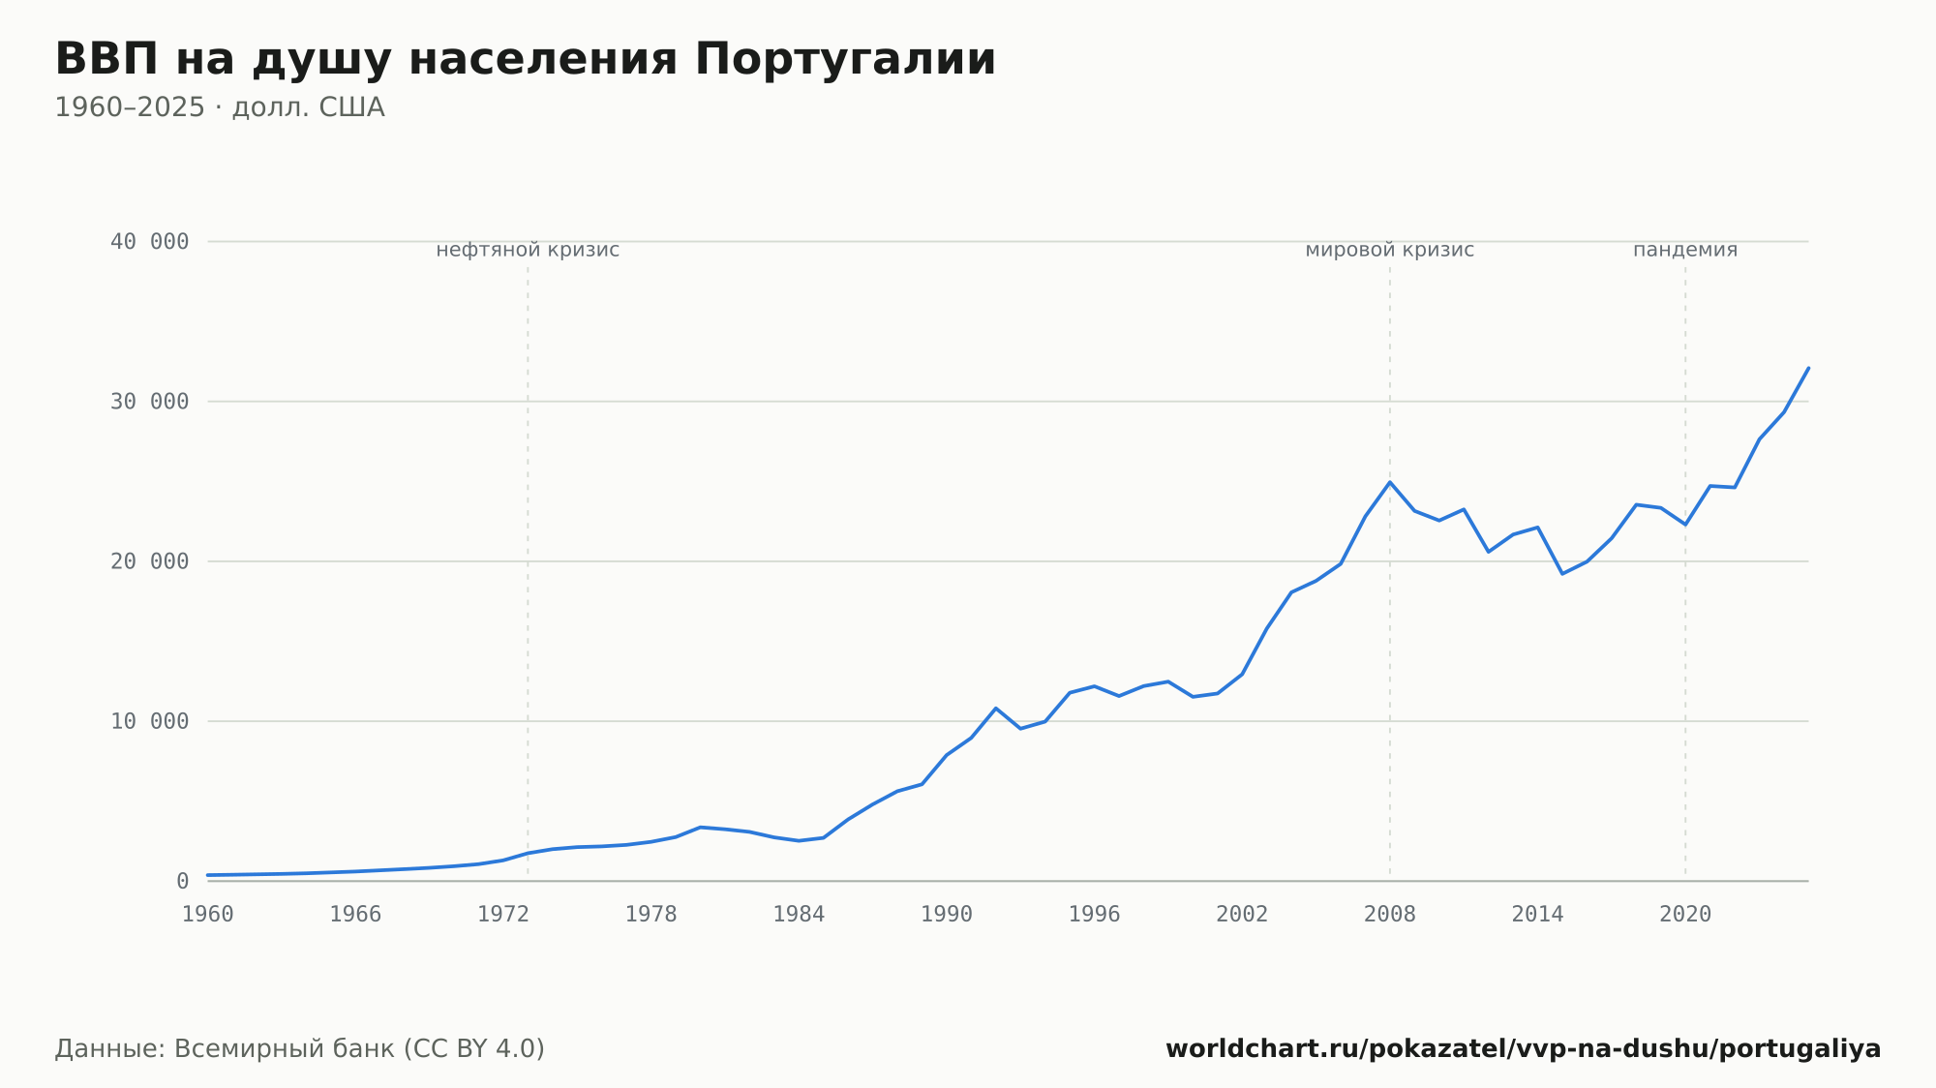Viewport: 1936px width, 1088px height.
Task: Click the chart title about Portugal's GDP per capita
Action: pyautogui.click(x=526, y=60)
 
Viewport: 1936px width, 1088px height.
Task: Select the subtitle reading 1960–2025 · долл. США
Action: pyautogui.click(x=220, y=107)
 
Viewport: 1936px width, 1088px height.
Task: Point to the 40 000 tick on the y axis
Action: pyautogui.click(x=149, y=242)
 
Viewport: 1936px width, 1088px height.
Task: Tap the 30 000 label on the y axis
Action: pyautogui.click(x=149, y=402)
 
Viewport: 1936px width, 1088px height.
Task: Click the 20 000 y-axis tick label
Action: pyautogui.click(x=149, y=561)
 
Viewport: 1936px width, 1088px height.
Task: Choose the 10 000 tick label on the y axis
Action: pyautogui.click(x=149, y=721)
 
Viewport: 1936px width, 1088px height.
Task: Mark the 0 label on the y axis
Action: pyautogui.click(x=182, y=881)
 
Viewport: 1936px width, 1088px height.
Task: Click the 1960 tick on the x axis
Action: pyautogui.click(x=208, y=915)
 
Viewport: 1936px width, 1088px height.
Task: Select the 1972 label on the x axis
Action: pyautogui.click(x=503, y=915)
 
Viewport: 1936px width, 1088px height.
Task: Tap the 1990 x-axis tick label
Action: pyautogui.click(x=947, y=915)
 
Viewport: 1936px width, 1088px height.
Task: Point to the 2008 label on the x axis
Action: pyautogui.click(x=1390, y=915)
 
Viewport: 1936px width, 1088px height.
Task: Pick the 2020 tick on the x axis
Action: pyautogui.click(x=1685, y=915)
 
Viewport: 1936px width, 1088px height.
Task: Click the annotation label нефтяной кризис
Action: pyautogui.click(x=528, y=250)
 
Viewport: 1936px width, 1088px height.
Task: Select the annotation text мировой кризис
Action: pyautogui.click(x=1390, y=250)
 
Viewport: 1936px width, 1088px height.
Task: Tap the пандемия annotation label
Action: pyautogui.click(x=1685, y=250)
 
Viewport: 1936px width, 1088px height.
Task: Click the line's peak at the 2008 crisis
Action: pyautogui.click(x=1390, y=482)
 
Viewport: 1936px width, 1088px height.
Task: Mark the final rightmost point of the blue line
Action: pyautogui.click(x=1808, y=368)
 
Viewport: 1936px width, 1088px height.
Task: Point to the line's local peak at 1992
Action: pyautogui.click(x=995, y=709)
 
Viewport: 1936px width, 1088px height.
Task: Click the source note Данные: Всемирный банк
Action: pyautogui.click(x=300, y=1049)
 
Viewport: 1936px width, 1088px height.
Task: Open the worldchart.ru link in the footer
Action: pyautogui.click(x=1524, y=1049)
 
